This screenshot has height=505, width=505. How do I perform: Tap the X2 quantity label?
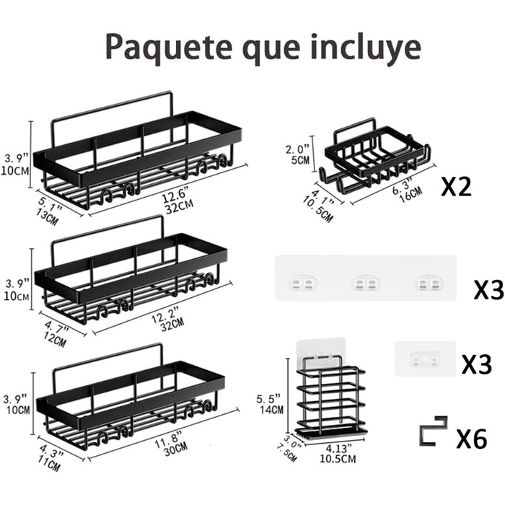pos(456,188)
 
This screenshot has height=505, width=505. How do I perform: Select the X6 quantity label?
pos(472,438)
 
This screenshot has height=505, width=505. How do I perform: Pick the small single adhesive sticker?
pos(425,357)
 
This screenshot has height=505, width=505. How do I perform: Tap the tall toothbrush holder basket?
pos(330,396)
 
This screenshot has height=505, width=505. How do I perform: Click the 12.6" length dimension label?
pos(175,193)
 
